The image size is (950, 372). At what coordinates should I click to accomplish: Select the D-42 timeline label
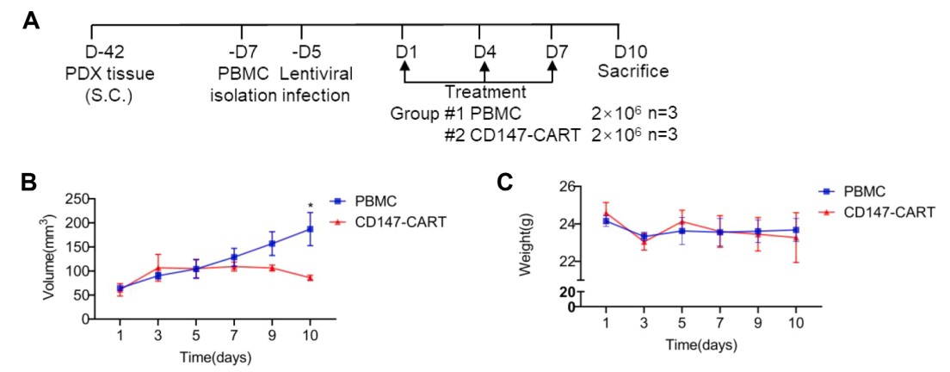pos(104,53)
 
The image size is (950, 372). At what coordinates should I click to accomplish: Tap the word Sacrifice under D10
pos(634,71)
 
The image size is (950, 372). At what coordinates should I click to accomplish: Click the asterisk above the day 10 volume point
pos(310,206)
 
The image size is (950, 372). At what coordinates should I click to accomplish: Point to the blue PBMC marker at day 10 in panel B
pos(310,229)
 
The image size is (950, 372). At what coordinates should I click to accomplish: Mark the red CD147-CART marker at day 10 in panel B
pos(310,277)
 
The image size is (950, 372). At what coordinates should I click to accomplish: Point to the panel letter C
pos(507,182)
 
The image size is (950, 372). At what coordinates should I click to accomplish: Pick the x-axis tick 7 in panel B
pos(234,333)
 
